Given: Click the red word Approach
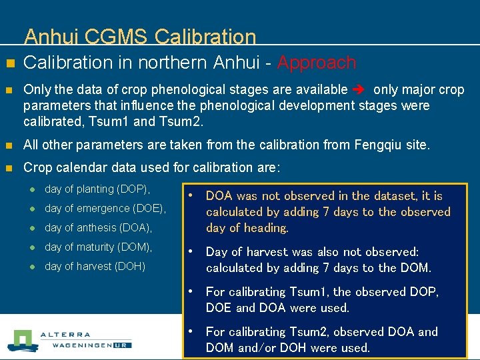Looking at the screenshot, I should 317,63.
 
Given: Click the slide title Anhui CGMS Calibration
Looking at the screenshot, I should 140,37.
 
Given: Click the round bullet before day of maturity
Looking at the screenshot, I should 31,248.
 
